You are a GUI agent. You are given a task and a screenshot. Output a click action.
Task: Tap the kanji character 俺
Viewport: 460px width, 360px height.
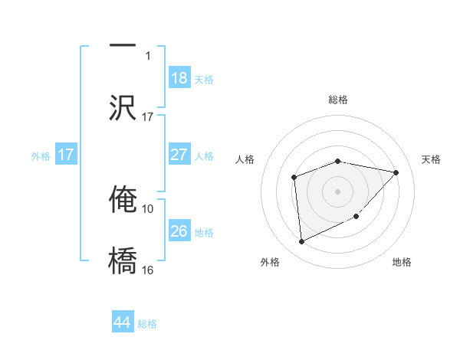pos(123,198)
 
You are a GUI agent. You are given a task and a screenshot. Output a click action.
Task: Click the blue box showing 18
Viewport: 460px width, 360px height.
pos(179,77)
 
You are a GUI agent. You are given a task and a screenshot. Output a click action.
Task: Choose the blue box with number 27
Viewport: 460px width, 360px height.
pos(179,155)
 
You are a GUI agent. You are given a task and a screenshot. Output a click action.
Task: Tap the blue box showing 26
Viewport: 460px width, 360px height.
pos(179,231)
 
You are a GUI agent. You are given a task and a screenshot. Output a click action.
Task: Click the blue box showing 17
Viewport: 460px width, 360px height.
pos(66,155)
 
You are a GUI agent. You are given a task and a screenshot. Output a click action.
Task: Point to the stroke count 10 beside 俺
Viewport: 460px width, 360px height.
pos(148,208)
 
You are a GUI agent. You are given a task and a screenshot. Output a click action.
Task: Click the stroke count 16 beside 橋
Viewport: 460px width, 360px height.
pos(148,270)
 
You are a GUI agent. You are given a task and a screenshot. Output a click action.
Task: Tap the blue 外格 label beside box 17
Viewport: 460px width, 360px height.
pos(41,155)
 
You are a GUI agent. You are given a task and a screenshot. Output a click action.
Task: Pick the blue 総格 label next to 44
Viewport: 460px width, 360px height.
pos(147,324)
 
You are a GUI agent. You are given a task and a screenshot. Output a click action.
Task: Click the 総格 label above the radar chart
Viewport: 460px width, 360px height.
pos(338,100)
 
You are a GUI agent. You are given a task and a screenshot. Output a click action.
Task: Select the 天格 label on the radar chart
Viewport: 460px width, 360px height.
pos(432,159)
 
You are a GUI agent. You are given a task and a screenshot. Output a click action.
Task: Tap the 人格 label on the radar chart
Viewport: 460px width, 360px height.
pos(245,159)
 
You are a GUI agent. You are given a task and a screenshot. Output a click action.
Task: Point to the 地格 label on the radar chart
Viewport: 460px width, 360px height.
pos(402,262)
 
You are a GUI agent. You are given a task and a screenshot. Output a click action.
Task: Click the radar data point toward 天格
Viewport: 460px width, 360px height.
pos(396,172)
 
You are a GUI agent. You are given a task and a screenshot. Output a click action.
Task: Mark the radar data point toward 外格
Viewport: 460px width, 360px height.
pos(301,242)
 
